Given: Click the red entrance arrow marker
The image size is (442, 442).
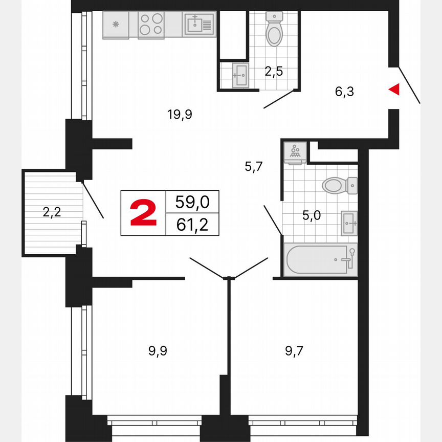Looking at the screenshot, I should (394, 90).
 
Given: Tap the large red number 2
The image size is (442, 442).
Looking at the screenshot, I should (143, 213).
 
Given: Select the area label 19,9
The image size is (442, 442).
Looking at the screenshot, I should (179, 114).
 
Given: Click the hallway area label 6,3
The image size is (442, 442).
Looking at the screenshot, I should (345, 92).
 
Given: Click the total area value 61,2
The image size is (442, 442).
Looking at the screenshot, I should (192, 225).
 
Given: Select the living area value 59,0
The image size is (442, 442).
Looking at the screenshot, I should (192, 202).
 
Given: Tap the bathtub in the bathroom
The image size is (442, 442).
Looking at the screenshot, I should (321, 260).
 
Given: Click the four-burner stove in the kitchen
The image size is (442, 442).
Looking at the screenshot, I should (151, 25).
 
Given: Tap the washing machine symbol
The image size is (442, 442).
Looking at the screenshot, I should (295, 153).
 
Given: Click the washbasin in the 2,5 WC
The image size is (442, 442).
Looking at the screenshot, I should (239, 75).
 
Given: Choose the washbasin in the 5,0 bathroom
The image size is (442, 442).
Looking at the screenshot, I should (349, 224).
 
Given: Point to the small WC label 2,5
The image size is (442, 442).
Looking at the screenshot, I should (274, 72).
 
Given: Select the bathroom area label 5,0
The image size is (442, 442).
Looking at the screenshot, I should (311, 215).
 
